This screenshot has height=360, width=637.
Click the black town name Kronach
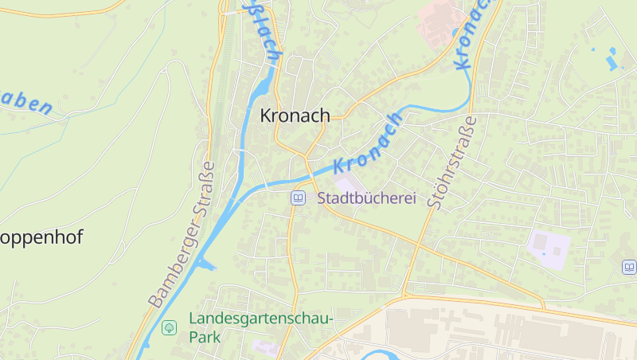tap(295, 116)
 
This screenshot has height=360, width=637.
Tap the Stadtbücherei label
tap(367, 198)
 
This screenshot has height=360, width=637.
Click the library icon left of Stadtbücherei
tap(298, 198)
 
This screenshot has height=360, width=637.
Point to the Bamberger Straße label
tap(182, 236)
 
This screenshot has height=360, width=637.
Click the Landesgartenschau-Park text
tap(260, 327)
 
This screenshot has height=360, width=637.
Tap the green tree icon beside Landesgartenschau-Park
tap(169, 327)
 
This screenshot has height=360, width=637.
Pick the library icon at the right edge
tap(629, 268)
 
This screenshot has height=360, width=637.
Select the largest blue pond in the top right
tap(612, 60)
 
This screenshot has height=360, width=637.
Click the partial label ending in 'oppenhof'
tap(41, 237)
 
